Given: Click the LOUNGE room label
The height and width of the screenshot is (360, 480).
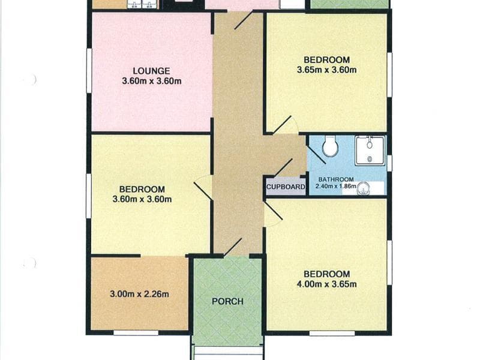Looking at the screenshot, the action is [x=151, y=71].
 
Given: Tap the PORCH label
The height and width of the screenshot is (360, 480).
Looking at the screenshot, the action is [x=228, y=302].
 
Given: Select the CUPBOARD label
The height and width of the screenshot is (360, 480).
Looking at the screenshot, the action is [x=286, y=187].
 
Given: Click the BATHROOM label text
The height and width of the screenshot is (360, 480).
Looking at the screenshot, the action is [x=336, y=179].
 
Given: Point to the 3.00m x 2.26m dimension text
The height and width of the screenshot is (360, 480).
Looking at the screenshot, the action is [x=139, y=294].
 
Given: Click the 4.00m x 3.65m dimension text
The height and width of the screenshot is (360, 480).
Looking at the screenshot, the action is [x=326, y=284].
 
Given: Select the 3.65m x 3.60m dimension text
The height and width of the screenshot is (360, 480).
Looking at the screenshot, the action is [x=326, y=70].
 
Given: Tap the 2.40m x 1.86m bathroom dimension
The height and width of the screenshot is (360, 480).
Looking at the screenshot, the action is [x=336, y=186].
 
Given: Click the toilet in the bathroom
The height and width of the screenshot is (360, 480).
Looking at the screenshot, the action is [x=330, y=146].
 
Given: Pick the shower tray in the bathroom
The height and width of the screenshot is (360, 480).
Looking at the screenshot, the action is [x=370, y=151].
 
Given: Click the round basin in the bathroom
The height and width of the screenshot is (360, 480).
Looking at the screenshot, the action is [x=364, y=188].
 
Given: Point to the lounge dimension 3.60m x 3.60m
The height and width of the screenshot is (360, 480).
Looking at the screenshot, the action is [x=152, y=81].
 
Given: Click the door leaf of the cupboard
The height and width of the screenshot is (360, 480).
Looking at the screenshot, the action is [x=284, y=168].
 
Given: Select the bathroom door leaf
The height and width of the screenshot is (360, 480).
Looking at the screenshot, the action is [x=316, y=154].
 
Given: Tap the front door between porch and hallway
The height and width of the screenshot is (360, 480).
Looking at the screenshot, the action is [x=233, y=247].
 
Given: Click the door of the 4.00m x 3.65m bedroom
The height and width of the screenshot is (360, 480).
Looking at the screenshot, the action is [x=273, y=211].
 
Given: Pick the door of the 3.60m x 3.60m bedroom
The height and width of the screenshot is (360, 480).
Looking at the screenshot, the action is [x=203, y=191].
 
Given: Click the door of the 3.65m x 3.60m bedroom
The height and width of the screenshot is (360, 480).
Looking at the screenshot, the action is [x=281, y=125].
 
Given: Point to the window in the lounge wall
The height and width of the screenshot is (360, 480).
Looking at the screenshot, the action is [x=89, y=71].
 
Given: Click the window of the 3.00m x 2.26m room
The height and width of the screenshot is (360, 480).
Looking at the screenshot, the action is [x=136, y=333].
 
